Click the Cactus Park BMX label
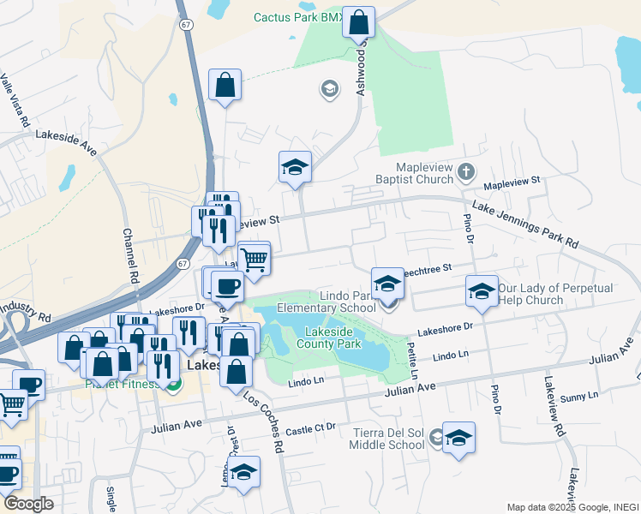(297, 17)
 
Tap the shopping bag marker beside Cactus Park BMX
(359, 23)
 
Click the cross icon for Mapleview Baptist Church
(465, 171)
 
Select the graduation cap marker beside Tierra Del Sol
(459, 438)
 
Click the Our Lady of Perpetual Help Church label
(543, 294)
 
